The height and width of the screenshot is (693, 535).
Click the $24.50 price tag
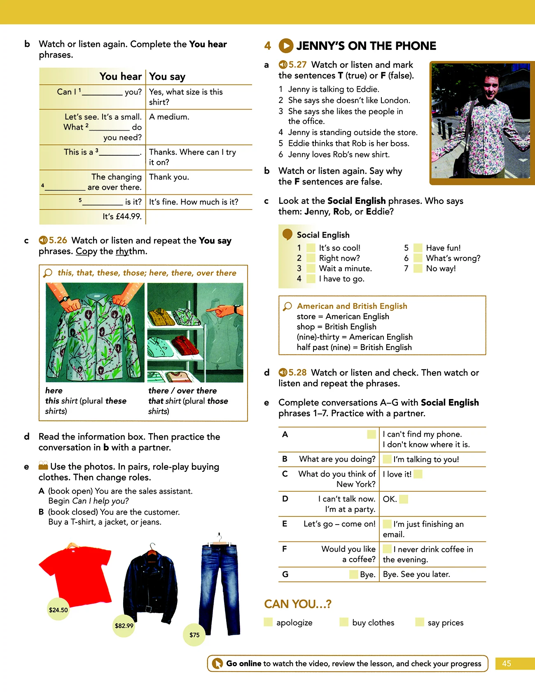tap(58, 610)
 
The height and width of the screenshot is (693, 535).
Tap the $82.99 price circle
tap(124, 625)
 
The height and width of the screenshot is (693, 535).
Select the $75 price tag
tap(194, 635)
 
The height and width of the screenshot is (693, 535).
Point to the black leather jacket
tap(151, 581)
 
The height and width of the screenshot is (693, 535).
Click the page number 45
tap(507, 663)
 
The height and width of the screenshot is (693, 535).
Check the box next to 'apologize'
tap(268, 622)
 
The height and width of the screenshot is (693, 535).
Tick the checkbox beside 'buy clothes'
tap(344, 622)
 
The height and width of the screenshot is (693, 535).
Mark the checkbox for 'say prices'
tap(420, 622)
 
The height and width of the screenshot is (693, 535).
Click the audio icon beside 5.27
tap(283, 65)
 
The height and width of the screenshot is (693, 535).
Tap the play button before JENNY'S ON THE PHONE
tap(286, 46)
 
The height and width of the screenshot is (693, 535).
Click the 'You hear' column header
tap(120, 76)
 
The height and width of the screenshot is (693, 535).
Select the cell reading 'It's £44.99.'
tap(122, 216)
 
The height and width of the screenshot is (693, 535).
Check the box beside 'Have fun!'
tap(418, 248)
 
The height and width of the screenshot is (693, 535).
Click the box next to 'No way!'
tap(418, 268)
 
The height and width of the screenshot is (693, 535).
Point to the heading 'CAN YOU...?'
tap(297, 604)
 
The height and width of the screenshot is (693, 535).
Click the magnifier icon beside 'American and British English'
tap(287, 306)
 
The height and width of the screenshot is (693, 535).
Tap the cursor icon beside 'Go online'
tap(217, 663)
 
